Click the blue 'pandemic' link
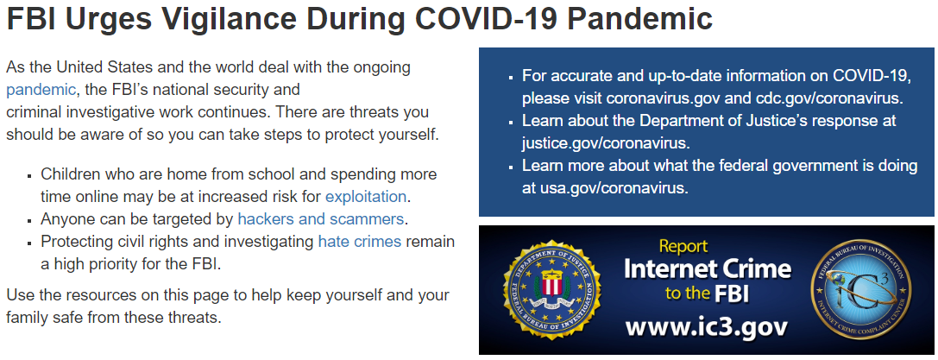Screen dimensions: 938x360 tap(41, 91)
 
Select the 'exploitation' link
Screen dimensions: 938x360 tap(366, 196)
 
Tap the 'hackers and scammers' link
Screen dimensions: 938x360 tap(321, 219)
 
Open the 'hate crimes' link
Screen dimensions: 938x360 tap(360, 242)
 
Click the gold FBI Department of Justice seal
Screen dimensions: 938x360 tap(551, 290)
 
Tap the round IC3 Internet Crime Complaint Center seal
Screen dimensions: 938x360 tap(860, 290)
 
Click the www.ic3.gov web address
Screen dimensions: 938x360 tap(707, 327)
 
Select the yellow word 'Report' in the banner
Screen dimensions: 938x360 tap(683, 246)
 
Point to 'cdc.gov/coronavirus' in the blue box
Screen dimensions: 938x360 tap(825, 98)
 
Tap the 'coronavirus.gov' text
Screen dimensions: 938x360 tap(664, 98)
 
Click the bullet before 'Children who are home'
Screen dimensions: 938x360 tap(28, 176)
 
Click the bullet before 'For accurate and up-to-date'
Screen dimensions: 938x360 tap(510, 77)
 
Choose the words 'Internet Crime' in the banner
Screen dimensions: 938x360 tap(707, 269)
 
